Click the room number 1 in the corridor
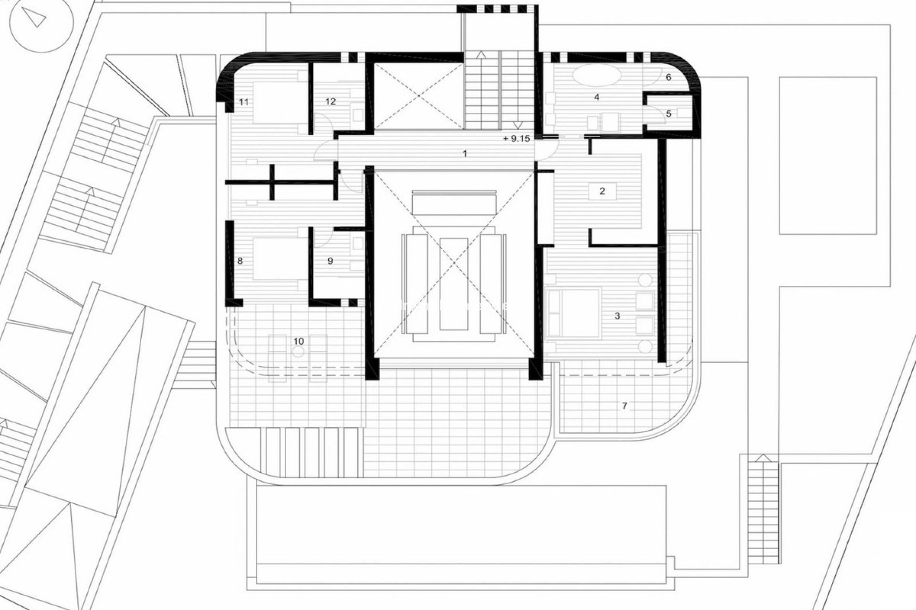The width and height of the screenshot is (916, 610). (465, 153)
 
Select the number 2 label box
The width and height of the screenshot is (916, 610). (602, 191)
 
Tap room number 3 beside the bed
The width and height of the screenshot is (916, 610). (617, 315)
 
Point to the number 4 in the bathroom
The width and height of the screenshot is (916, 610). (596, 97)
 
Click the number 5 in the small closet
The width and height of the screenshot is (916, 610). (668, 113)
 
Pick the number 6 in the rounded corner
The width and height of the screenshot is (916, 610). (668, 77)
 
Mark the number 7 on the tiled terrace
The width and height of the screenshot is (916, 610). (624, 406)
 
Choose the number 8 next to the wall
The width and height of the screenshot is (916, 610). (240, 261)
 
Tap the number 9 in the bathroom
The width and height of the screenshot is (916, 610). (330, 261)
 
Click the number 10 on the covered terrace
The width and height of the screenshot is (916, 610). (299, 341)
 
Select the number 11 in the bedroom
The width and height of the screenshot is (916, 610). (244, 102)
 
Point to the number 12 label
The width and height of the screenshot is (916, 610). (330, 101)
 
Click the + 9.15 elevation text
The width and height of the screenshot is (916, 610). (516, 139)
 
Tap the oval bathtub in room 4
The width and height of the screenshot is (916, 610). (596, 76)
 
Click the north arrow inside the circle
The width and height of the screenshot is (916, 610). (36, 18)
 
